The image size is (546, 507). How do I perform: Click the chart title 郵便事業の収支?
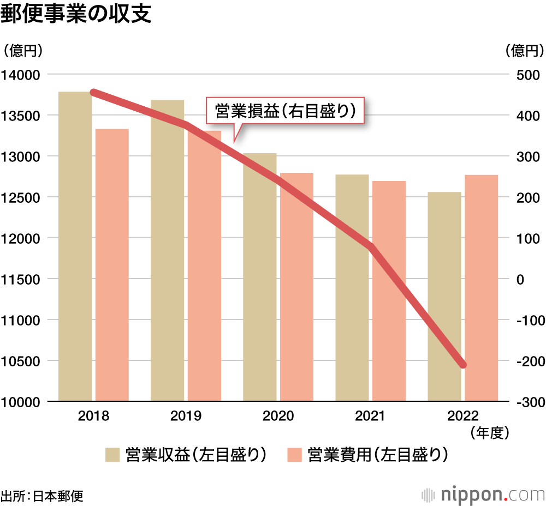coord(75,15)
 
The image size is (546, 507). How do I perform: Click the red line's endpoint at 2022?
coord(463,364)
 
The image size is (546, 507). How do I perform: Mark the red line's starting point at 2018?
coord(93,93)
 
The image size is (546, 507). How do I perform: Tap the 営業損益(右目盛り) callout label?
coord(285,112)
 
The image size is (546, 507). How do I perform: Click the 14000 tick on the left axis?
coord(20,75)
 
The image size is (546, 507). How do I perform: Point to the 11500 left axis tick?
coord(20,279)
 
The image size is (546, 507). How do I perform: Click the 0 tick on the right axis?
coord(521,279)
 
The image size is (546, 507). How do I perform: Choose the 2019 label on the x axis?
coord(186,416)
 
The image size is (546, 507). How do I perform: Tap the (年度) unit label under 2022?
coord(489,432)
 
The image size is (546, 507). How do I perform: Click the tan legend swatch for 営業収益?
coord(112,455)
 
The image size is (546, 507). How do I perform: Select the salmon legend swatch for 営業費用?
coord(294,455)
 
